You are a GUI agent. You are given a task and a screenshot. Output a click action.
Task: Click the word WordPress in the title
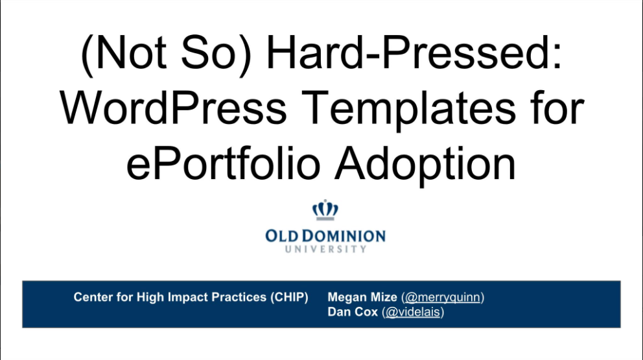point(173,108)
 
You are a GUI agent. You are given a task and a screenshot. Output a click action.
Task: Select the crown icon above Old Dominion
point(325,210)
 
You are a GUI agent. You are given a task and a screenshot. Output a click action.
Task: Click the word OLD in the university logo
point(283,236)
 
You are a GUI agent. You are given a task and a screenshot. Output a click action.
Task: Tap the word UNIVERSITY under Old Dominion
point(325,249)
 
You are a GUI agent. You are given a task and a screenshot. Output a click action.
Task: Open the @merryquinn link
point(443,297)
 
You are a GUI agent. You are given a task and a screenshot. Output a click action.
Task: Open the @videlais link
point(413,312)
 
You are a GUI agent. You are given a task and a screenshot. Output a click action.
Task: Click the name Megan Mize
point(362,297)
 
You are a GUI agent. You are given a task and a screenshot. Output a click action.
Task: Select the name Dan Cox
point(352,312)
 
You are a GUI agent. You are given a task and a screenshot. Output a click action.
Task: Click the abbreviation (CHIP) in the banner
point(289,297)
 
